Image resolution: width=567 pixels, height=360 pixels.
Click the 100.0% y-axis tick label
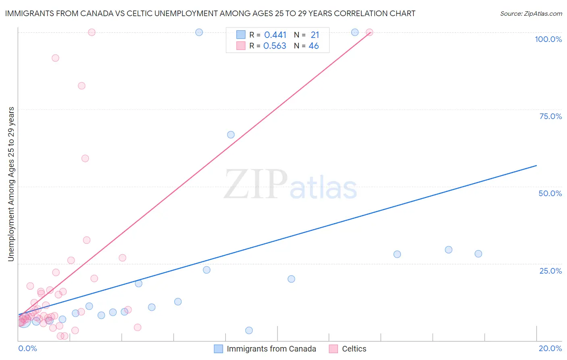pyautogui.click(x=548, y=39)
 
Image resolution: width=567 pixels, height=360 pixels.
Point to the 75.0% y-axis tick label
pyautogui.click(x=550, y=116)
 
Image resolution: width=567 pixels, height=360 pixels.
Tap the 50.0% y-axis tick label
pyautogui.click(x=550, y=193)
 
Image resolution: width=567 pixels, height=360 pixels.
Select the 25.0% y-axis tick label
pyautogui.click(x=550, y=270)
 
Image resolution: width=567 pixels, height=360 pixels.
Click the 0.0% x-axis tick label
pyautogui.click(x=27, y=348)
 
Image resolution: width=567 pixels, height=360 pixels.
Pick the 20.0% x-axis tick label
pyautogui.click(x=550, y=348)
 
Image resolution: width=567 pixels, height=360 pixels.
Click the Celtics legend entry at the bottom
pyautogui.click(x=354, y=349)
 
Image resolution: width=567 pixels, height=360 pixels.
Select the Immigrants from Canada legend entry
pyautogui.click(x=271, y=349)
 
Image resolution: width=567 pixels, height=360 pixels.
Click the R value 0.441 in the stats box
pyautogui.click(x=275, y=35)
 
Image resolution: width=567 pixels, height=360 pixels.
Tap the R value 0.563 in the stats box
pyautogui.click(x=275, y=46)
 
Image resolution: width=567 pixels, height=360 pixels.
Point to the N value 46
pyautogui.click(x=313, y=46)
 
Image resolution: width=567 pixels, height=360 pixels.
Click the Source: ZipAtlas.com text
pyautogui.click(x=531, y=14)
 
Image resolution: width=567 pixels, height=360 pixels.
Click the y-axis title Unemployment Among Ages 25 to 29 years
pyautogui.click(x=11, y=184)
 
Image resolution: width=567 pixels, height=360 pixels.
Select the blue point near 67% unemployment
pyautogui.click(x=231, y=135)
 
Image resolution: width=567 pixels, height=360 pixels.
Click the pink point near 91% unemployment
pyautogui.click(x=55, y=58)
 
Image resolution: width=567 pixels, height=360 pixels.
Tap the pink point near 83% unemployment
pyautogui.click(x=81, y=86)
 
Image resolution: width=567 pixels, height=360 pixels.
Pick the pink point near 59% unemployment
pyautogui.click(x=85, y=158)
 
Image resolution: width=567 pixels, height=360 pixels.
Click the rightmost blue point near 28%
pyautogui.click(x=478, y=254)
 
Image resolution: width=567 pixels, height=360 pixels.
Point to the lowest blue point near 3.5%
pyautogui.click(x=249, y=331)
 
